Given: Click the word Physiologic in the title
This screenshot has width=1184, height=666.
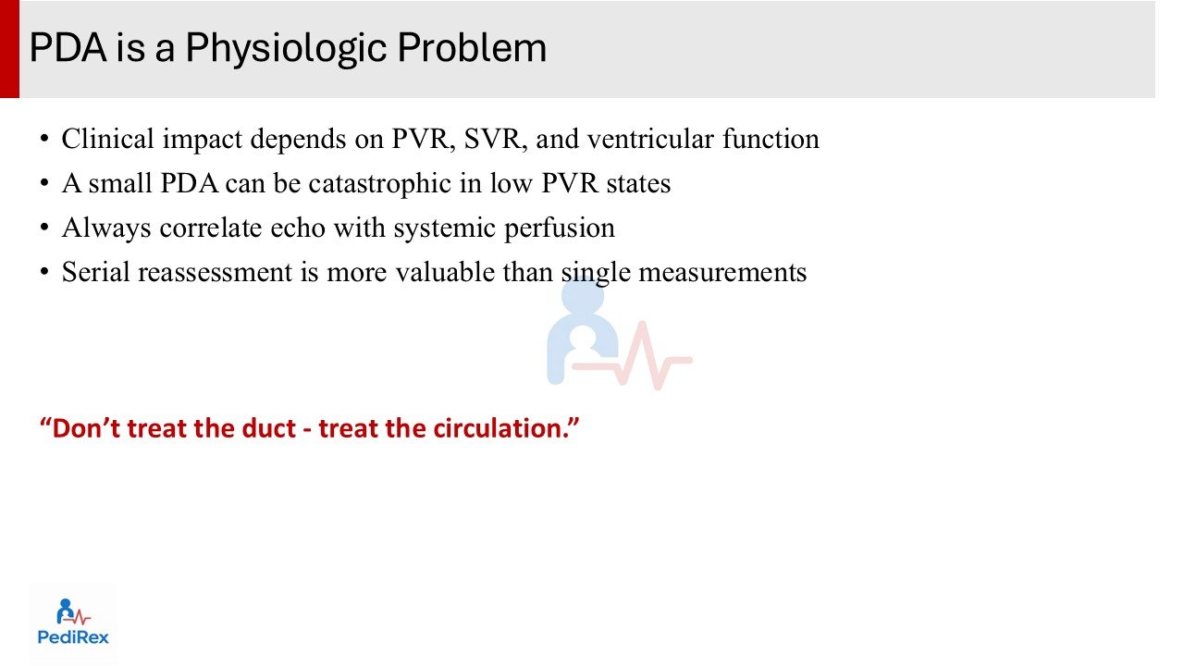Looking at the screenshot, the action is click(x=287, y=49).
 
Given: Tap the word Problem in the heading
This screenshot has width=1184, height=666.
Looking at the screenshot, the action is click(x=472, y=47).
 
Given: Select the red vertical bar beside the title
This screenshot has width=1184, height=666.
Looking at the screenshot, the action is click(x=9, y=49).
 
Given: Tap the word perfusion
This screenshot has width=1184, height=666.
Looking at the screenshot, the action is click(x=560, y=228).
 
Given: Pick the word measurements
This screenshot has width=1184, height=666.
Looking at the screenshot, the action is click(x=722, y=272).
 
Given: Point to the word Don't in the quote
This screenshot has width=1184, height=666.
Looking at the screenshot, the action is click(x=87, y=428).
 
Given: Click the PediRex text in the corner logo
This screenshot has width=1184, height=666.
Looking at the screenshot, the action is click(x=73, y=637).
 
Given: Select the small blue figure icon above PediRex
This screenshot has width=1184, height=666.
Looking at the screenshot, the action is click(x=65, y=611).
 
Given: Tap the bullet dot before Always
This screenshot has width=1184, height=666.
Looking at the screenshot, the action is click(x=44, y=228).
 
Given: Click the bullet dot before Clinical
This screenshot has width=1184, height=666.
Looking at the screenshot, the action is click(x=44, y=139).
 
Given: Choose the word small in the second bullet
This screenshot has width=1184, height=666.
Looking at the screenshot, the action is click(x=120, y=183).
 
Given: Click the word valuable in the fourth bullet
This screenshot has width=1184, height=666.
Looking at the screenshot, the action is click(x=445, y=272).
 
